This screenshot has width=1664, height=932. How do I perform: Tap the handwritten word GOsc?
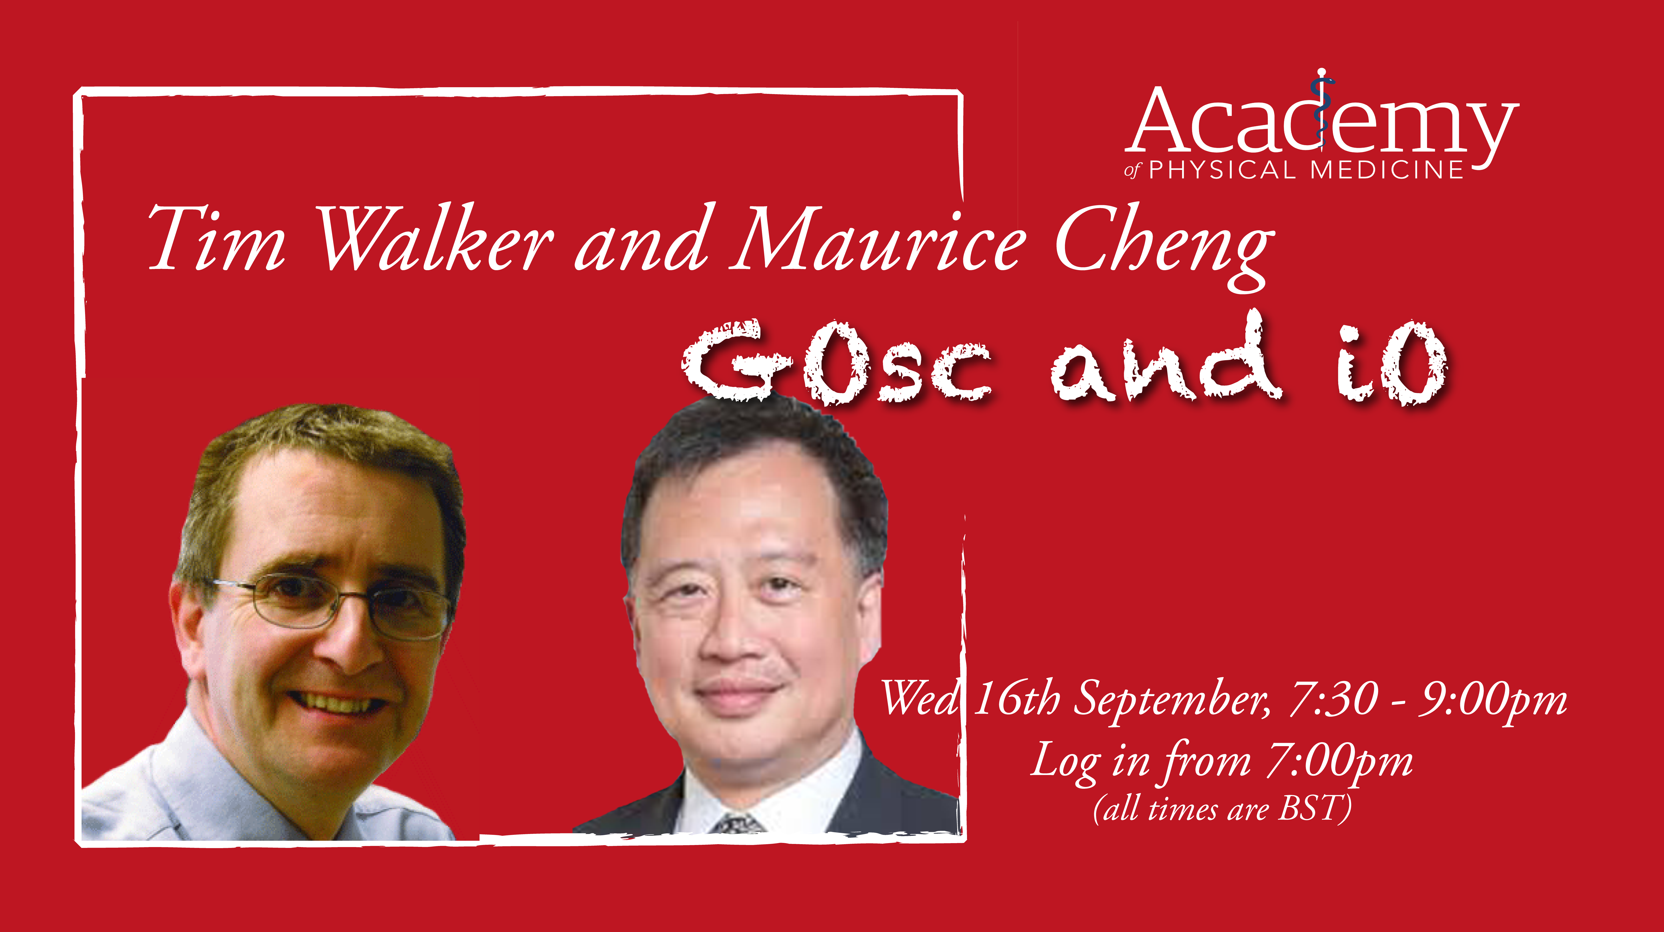[x=836, y=362]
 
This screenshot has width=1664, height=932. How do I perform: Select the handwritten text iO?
[x=1392, y=362]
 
